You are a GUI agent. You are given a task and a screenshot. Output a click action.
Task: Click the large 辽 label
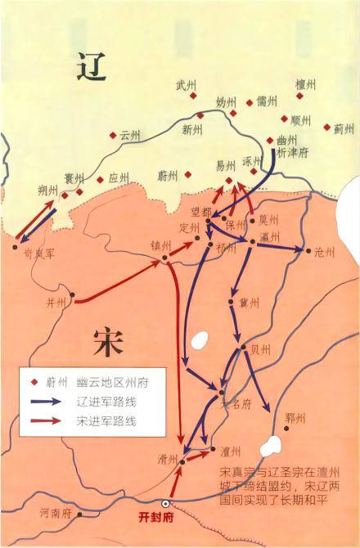92,66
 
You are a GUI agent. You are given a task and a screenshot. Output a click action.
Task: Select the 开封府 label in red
156,519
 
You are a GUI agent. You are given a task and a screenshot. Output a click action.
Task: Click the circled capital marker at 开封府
167,504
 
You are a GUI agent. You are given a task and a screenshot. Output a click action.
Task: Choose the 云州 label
130,135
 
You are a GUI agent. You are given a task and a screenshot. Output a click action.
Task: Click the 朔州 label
47,190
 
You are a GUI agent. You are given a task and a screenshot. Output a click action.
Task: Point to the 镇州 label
160,245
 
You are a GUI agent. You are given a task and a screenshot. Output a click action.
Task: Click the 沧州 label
324,253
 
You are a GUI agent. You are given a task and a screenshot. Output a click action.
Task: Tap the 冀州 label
249,303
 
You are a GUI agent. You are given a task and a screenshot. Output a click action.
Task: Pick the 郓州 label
295,419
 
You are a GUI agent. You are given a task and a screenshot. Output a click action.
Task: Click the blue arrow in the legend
47,402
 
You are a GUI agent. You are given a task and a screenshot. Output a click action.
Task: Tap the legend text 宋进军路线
106,421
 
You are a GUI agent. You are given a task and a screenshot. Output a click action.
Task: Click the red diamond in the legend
34,382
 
